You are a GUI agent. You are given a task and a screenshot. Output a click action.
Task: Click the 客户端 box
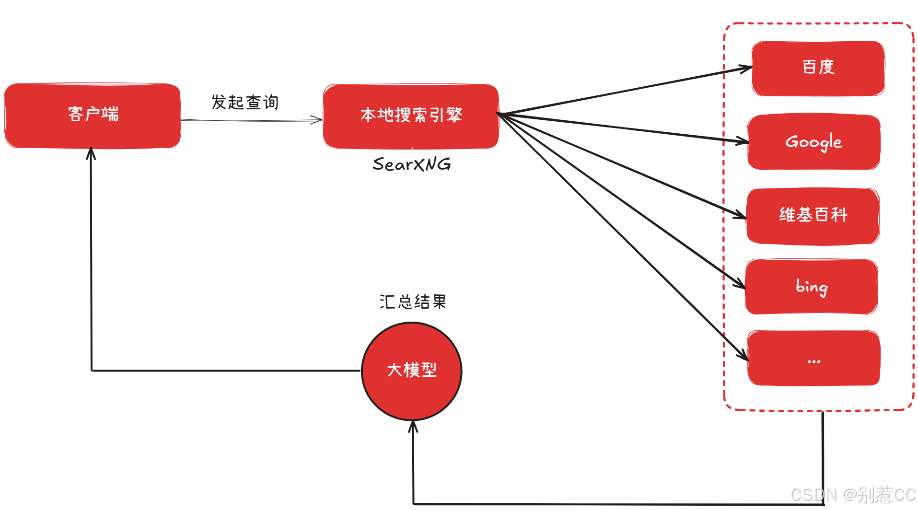93,115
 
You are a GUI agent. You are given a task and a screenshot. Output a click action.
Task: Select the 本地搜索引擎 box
411,116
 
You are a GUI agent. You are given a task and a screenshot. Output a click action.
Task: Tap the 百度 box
818,68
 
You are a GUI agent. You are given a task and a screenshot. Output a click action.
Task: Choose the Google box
813,142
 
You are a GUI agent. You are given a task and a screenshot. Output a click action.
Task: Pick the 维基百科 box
813,215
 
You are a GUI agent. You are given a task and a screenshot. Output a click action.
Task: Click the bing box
811,287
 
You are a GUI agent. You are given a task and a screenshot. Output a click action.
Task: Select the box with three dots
813,359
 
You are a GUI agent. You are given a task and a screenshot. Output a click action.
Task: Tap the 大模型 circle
412,371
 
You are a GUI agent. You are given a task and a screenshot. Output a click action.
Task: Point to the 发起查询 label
245,102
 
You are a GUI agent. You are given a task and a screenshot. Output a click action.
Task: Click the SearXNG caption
412,164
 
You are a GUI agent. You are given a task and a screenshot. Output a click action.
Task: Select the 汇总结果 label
413,301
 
